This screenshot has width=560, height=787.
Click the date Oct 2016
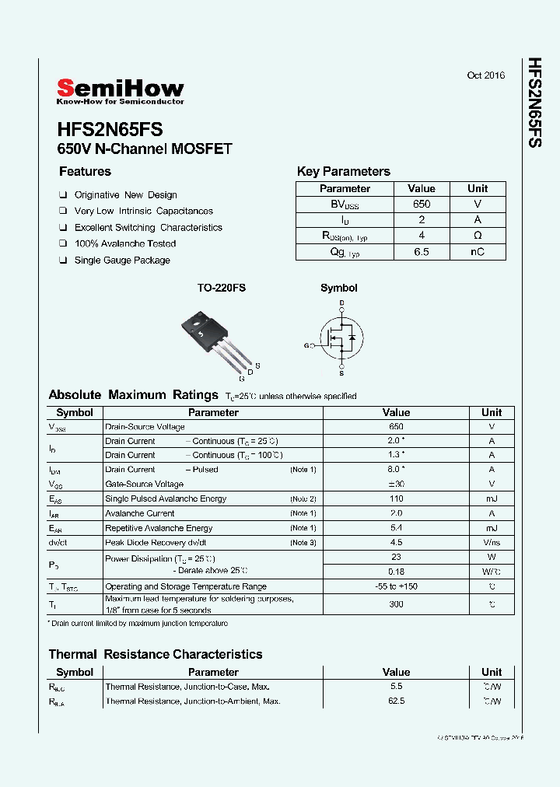click(485, 75)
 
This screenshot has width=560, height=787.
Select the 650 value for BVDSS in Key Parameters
click(422, 204)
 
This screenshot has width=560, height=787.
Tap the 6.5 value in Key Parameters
click(422, 252)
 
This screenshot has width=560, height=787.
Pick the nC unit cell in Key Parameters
click(477, 252)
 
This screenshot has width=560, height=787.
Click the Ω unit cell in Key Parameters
click(477, 236)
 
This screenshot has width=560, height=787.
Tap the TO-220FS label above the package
click(221, 288)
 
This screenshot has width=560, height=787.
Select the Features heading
click(85, 172)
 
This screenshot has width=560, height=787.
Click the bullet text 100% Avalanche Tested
click(124, 244)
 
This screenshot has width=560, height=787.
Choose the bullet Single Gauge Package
click(122, 261)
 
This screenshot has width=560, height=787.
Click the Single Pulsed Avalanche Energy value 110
click(396, 498)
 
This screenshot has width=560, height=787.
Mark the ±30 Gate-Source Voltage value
click(396, 484)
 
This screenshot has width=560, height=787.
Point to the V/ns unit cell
click(492, 543)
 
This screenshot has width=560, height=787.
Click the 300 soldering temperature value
click(396, 603)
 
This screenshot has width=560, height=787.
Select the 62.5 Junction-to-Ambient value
click(396, 701)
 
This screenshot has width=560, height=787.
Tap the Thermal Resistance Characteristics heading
click(156, 654)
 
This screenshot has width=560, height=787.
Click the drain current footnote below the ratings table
click(138, 624)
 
